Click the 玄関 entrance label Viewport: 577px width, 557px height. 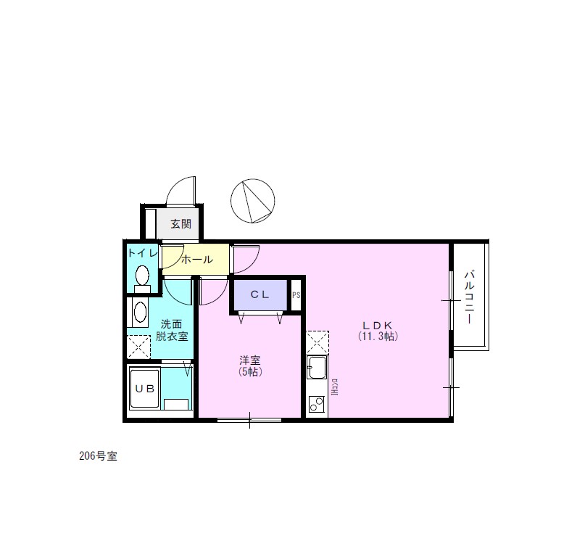point(180,224)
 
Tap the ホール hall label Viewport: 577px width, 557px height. point(196,260)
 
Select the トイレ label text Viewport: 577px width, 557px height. point(141,253)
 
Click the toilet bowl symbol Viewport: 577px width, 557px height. point(142,276)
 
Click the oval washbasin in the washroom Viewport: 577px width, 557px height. point(139,313)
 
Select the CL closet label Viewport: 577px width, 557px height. point(260,294)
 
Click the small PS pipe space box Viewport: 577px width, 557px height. point(296,295)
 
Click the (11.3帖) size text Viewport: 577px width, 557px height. point(378,337)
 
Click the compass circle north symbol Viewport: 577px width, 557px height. point(252,201)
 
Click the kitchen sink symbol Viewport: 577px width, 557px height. point(317,369)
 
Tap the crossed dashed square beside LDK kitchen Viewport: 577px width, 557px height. point(317,342)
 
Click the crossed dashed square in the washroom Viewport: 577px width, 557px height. point(138,347)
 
